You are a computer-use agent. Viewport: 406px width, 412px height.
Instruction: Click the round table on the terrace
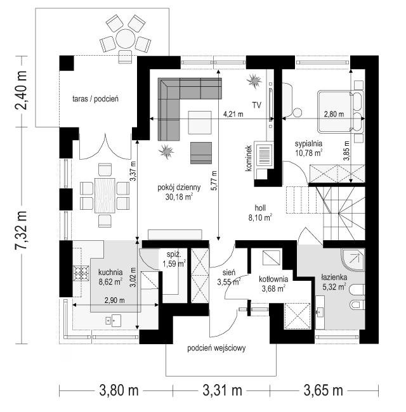125,39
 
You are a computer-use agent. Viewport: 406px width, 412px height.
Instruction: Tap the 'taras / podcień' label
95,99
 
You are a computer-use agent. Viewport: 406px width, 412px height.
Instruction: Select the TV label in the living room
257,105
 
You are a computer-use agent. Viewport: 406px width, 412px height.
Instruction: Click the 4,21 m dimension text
233,114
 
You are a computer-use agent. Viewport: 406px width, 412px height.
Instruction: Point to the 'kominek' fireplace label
249,158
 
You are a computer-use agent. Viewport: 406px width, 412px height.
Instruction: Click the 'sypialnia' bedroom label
308,144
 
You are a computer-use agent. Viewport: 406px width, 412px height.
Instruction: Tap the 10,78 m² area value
309,152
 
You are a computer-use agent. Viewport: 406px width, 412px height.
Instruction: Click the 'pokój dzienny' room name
179,188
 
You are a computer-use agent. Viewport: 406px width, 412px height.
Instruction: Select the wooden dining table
105,195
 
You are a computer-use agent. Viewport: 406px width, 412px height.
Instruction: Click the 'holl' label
260,208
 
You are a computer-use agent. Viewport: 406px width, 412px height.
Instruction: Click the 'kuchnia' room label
110,272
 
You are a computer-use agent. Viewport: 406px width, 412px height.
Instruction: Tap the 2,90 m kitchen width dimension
115,300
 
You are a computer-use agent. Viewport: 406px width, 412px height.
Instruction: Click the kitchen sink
114,321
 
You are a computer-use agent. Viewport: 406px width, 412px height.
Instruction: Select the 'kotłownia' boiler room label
273,279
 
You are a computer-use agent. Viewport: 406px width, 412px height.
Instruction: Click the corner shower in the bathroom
353,260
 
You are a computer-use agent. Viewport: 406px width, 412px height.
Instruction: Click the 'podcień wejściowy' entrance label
216,348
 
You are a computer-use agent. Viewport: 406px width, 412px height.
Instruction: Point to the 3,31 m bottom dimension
222,390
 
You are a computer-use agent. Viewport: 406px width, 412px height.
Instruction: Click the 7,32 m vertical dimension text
22,229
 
